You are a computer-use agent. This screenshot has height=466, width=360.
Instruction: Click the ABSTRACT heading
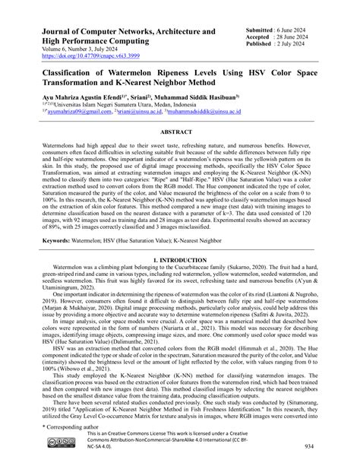[x=180, y=131]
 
